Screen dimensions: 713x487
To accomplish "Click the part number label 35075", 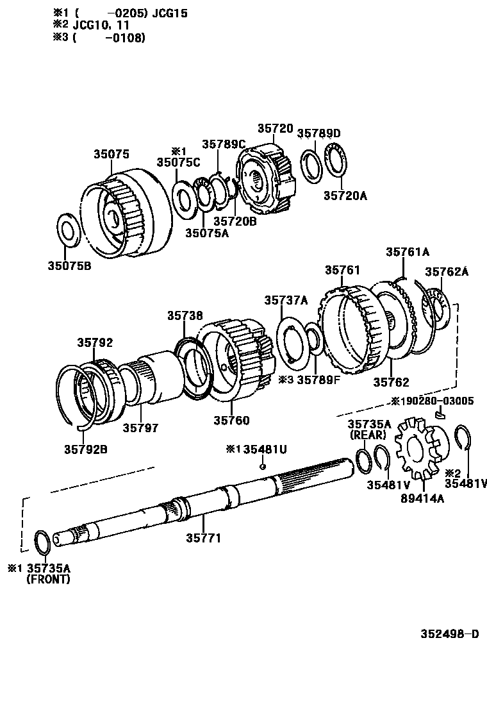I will (111, 154).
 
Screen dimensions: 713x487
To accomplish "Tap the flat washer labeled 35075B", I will (68, 229).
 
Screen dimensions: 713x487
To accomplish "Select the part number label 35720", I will (275, 128).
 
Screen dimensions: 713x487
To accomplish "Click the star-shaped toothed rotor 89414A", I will (418, 448).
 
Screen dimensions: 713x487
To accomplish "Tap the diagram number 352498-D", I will (449, 635).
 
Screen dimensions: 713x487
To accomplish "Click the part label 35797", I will (141, 427).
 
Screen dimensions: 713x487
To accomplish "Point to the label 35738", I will (185, 315).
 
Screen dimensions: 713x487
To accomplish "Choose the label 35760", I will (231, 421).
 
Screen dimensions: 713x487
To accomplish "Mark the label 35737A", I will (286, 300).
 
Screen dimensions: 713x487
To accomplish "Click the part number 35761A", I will (408, 252).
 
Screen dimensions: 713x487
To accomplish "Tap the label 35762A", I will (447, 272).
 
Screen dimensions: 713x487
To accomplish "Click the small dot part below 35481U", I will (263, 466).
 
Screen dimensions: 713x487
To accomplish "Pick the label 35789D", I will (319, 133).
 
